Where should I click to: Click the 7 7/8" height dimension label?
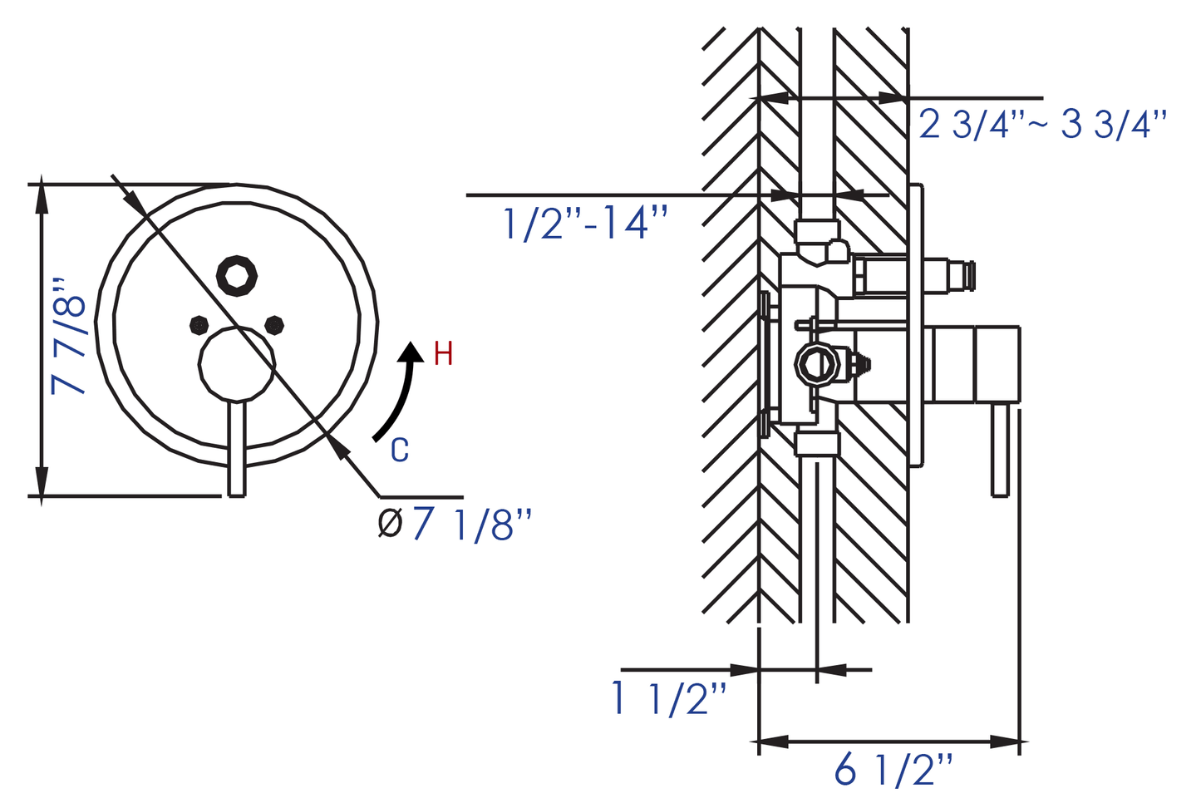(68, 336)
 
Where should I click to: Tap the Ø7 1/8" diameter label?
(455, 524)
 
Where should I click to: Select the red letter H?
(443, 354)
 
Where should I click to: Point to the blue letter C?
(400, 450)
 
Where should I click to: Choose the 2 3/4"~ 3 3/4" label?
(1042, 125)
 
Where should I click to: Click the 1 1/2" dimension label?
(669, 698)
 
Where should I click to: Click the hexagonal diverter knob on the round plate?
(236, 276)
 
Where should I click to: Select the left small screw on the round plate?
(199, 325)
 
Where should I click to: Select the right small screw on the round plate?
(274, 325)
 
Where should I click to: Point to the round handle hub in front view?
(237, 364)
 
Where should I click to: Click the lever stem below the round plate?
(237, 449)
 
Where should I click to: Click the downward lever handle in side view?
(1001, 451)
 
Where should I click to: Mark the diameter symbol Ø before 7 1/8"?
(390, 523)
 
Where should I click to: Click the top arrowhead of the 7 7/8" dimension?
(42, 200)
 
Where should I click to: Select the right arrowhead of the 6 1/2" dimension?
(1005, 741)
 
